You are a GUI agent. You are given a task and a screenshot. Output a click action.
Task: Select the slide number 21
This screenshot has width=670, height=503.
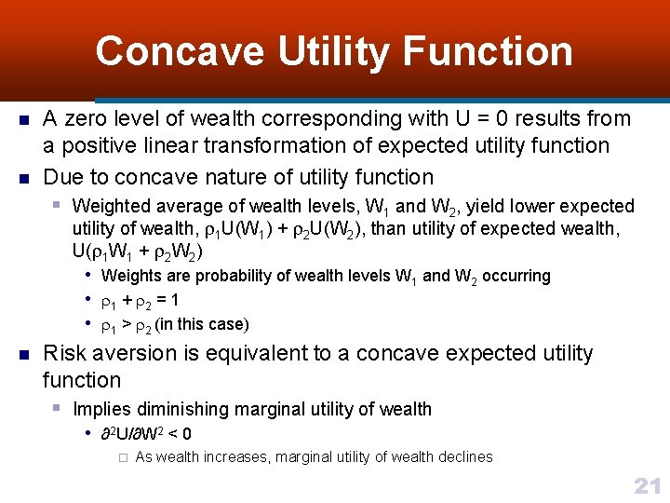point(646,485)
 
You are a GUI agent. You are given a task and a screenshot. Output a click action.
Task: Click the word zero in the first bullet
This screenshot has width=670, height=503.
point(85,119)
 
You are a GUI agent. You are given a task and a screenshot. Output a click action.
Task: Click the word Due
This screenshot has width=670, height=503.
point(61,177)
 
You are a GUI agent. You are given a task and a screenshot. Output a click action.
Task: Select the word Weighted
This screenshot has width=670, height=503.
point(112,206)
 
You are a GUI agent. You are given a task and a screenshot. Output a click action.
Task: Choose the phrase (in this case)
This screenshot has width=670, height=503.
point(202,324)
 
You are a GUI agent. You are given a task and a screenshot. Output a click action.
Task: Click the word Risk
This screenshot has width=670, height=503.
point(64,354)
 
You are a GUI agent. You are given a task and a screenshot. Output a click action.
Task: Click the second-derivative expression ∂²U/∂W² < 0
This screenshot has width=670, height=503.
point(146,434)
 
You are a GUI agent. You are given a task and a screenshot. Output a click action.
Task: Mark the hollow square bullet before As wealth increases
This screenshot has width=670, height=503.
point(122,457)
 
